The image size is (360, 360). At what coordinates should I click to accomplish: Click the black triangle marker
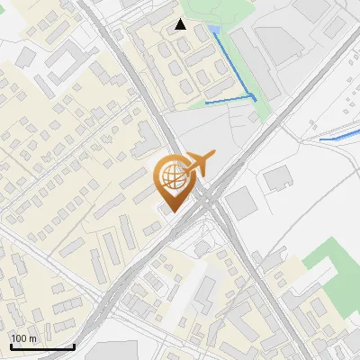pos(181,24)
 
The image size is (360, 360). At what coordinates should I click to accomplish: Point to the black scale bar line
pos(41,346)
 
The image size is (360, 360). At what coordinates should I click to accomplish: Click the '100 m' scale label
pos(24,337)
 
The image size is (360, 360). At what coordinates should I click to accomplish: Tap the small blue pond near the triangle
pos(214,31)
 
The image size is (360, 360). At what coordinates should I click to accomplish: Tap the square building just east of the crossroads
pos(240,202)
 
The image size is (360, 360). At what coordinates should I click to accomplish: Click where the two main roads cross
pos(210,195)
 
